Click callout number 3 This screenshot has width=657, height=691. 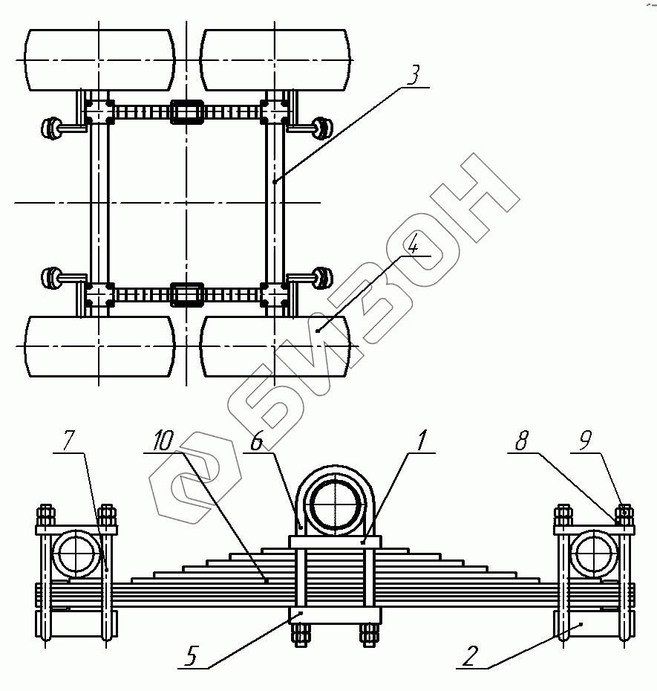[x=414, y=75]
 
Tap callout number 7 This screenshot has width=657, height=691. [x=68, y=440]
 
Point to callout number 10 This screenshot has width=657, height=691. [x=162, y=440]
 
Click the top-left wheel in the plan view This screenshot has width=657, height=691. [x=99, y=59]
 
